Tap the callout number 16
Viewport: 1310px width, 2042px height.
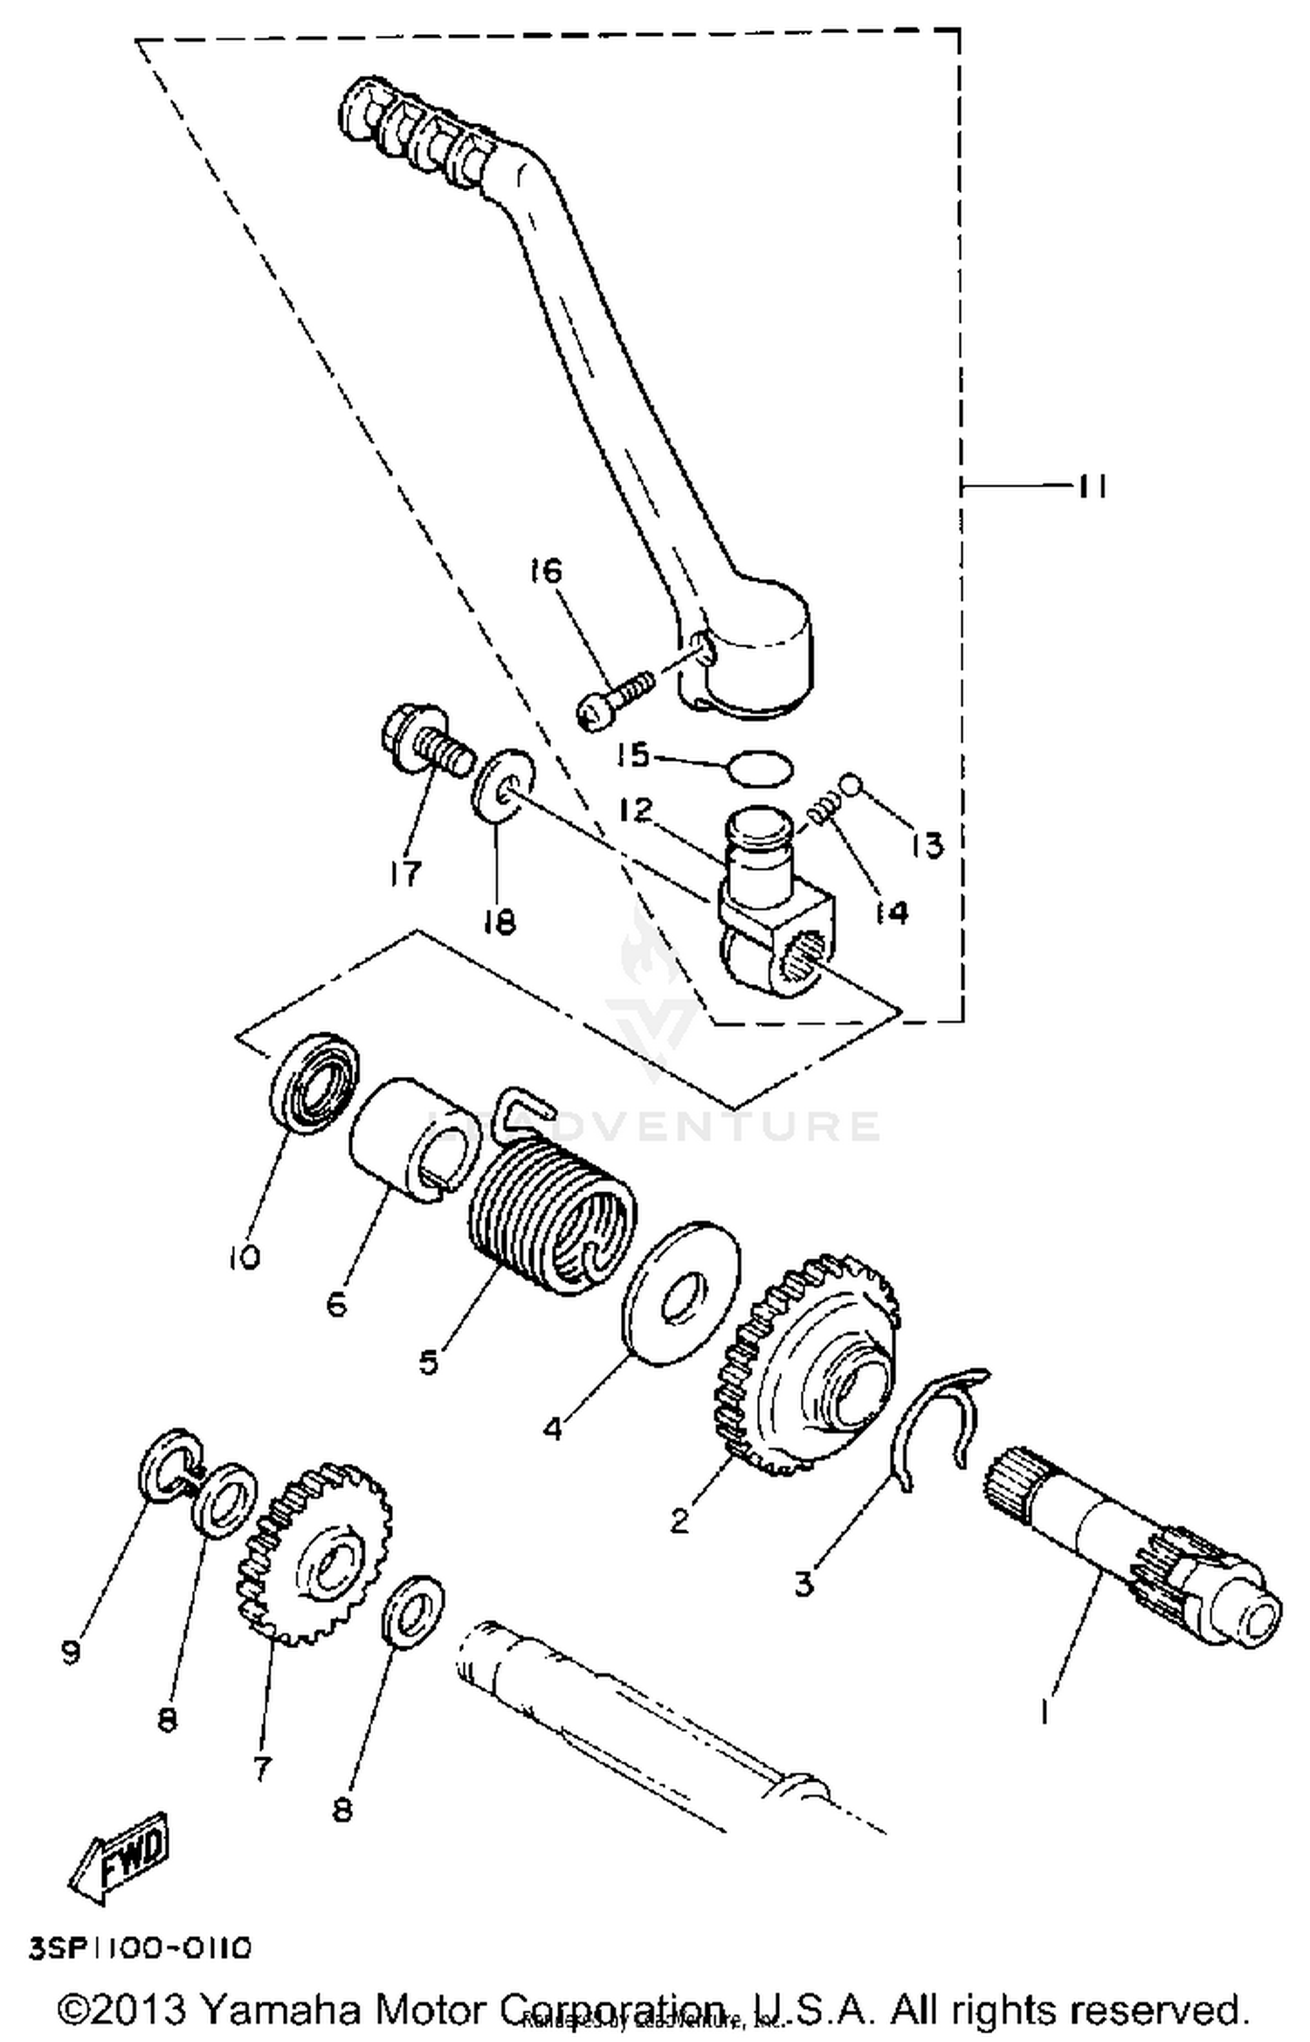pyautogui.click(x=546, y=571)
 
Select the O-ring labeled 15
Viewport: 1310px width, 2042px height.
pyautogui.click(x=761, y=769)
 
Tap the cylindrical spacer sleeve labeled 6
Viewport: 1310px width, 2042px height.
pyautogui.click(x=409, y=1140)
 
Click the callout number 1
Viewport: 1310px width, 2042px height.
pyautogui.click(x=1045, y=1733)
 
